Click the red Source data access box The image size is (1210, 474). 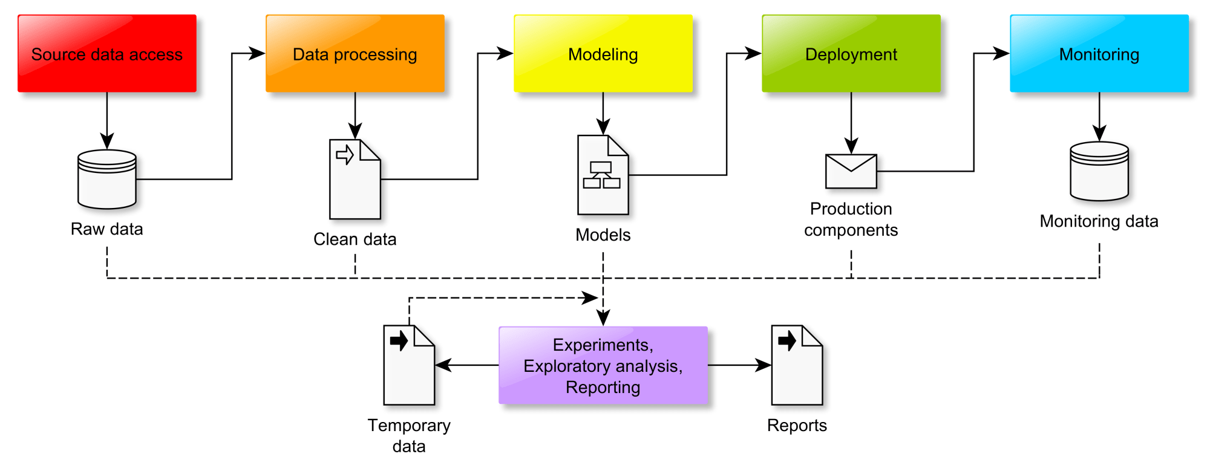point(107,54)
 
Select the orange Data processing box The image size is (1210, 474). point(355,54)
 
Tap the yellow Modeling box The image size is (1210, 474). point(603,54)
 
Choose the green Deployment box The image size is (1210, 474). point(851,54)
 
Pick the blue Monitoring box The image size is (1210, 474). point(1099,54)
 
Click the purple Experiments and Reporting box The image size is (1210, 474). point(603,365)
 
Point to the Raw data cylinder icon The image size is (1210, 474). point(107,180)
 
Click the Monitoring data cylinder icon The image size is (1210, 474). point(1099,171)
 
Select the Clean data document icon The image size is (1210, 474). point(355,180)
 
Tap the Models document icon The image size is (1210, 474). point(603,175)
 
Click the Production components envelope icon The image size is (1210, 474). point(851,171)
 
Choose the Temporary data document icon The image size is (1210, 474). point(409,365)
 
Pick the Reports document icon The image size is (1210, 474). point(797,365)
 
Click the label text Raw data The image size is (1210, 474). point(107,229)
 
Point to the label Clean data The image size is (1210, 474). point(355,239)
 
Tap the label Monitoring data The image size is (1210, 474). point(1099,221)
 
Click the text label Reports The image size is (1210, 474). point(797,426)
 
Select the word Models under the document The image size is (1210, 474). point(603,235)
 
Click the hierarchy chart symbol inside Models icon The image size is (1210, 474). point(601,175)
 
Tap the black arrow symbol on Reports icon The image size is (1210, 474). point(787,340)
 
